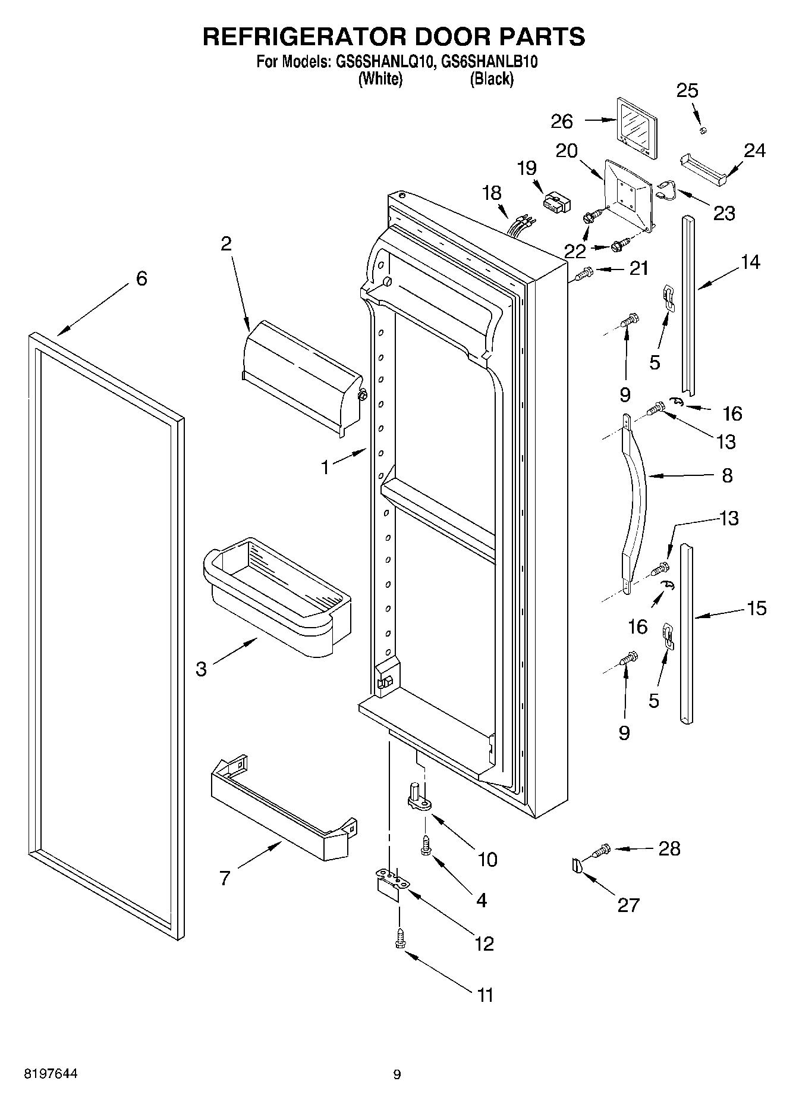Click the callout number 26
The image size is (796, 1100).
[561, 121]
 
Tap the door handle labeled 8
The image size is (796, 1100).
[635, 494]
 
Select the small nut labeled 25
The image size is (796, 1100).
[702, 130]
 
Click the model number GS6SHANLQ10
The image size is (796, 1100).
[378, 62]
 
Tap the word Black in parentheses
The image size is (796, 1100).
[491, 79]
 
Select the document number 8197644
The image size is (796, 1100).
[51, 1074]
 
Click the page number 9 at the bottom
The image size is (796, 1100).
[397, 1074]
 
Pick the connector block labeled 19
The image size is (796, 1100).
[556, 201]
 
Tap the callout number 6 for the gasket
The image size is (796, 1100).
[141, 278]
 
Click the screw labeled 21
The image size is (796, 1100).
[585, 274]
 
